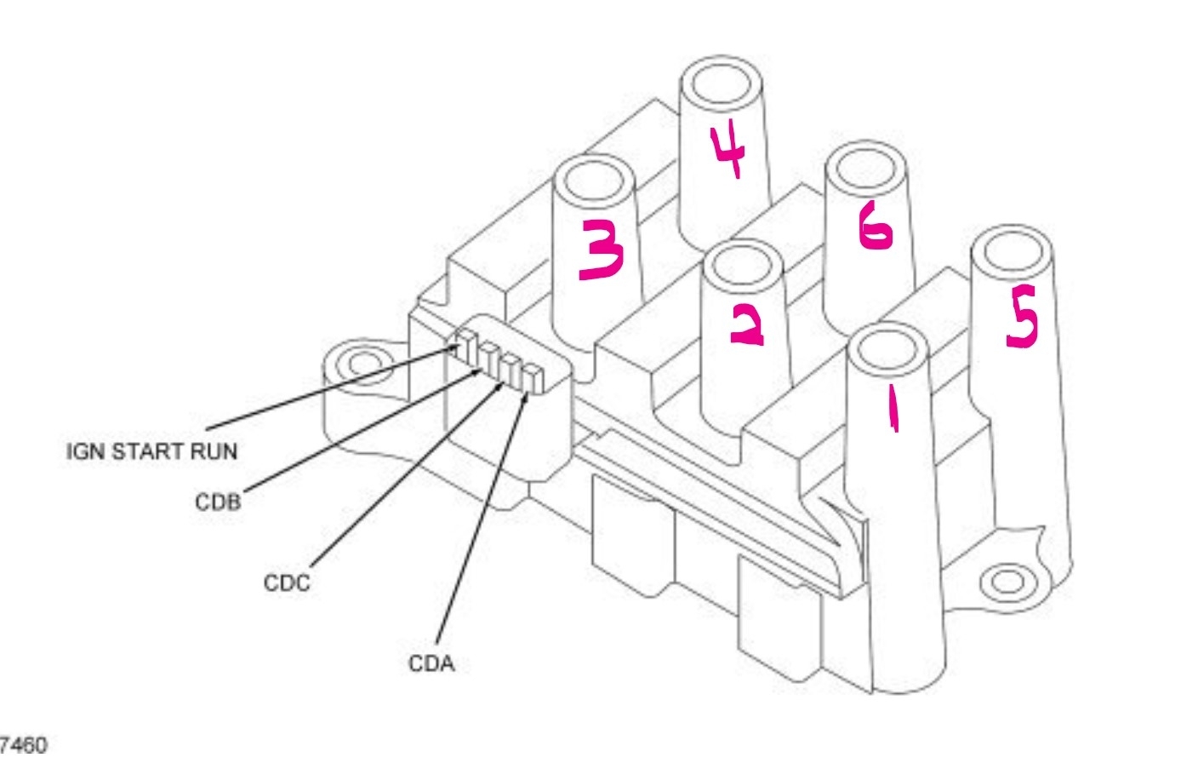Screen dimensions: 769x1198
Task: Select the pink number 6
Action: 876,227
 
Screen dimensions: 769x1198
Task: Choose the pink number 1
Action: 892,408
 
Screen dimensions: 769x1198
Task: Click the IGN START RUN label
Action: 151,451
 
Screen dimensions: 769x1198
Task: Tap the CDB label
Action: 218,502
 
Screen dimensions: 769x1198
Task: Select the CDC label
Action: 287,583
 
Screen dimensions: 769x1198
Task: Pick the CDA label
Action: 431,663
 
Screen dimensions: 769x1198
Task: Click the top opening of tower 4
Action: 720,84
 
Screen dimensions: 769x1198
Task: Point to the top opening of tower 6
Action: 864,168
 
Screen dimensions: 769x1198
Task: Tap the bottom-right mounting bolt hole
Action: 1007,582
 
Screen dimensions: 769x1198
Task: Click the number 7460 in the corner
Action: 24,746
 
